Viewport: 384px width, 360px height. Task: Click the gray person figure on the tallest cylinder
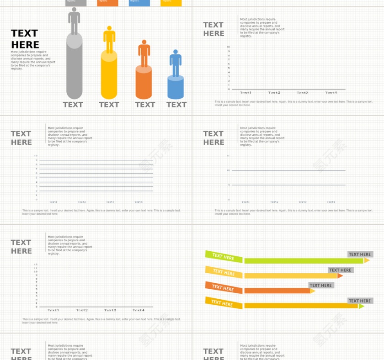pos(74,21)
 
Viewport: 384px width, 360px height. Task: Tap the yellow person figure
pos(109,39)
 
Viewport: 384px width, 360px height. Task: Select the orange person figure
pos(144,53)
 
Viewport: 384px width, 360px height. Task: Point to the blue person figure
pos(176,63)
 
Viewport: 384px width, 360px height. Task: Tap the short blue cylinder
pos(176,88)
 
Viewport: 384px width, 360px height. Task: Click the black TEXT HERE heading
pos(25,39)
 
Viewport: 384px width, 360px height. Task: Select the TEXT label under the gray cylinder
pos(73,105)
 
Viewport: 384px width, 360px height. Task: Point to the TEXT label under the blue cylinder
pos(176,105)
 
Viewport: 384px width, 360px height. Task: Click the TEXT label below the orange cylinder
pos(145,105)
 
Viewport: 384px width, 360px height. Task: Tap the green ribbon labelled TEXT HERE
pos(223,256)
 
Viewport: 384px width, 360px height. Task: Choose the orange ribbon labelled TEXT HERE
pos(223,287)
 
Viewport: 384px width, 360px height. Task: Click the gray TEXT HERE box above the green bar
pos(360,254)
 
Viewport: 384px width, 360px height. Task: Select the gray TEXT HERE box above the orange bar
pos(320,286)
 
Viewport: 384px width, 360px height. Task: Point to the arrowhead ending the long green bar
pos(367,260)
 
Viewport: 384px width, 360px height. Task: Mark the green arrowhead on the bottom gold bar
pos(361,306)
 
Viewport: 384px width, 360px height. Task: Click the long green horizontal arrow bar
pos(304,261)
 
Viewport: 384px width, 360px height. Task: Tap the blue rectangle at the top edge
pos(139,3)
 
